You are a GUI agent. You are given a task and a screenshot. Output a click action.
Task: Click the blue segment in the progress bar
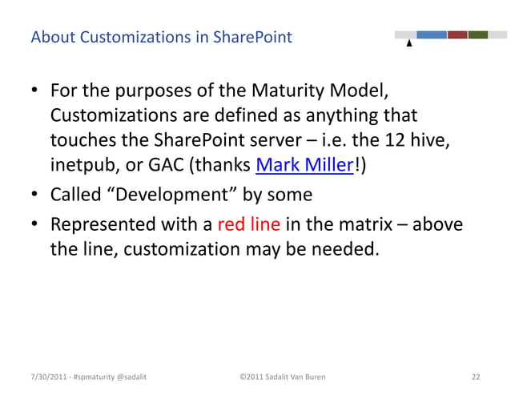click(x=431, y=35)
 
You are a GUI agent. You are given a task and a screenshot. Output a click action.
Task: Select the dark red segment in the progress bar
click(x=457, y=35)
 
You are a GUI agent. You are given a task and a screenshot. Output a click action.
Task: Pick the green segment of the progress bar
click(x=478, y=35)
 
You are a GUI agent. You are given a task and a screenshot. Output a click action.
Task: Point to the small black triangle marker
click(x=409, y=44)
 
